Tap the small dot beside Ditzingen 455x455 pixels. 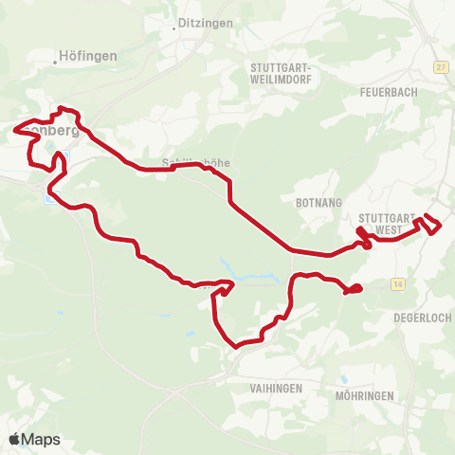175,27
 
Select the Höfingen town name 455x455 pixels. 88,56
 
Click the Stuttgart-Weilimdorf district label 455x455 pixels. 285,73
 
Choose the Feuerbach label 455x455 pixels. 390,92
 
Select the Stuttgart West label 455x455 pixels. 390,224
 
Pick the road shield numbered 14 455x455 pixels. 397,282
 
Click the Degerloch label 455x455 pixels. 422,318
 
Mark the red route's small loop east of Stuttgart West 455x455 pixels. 431,224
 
